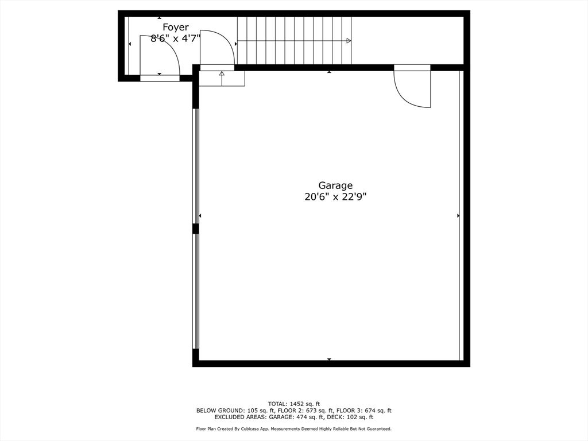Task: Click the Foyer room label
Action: pos(175,27)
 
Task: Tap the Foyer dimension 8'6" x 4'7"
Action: pos(175,38)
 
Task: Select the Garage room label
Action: pos(335,185)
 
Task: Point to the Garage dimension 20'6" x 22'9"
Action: pos(335,197)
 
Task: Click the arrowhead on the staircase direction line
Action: pos(349,41)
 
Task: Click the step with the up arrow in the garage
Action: pos(222,78)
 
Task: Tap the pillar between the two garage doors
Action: pos(196,229)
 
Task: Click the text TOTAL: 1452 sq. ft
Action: pos(294,404)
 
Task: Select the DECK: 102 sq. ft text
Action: pos(367,417)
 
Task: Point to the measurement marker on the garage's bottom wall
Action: pos(329,359)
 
